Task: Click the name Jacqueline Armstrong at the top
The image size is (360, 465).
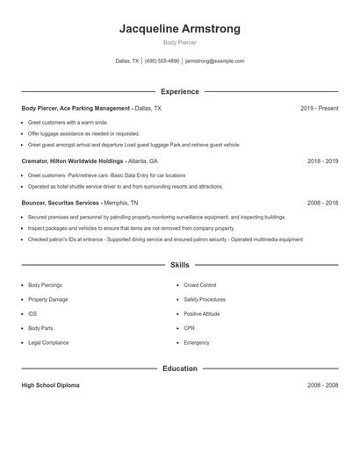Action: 180,29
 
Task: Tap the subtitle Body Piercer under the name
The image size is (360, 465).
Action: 180,42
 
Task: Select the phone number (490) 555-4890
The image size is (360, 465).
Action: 162,61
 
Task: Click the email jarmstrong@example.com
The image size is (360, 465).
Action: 215,61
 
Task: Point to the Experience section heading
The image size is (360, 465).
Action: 180,91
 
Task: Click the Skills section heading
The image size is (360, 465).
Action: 180,264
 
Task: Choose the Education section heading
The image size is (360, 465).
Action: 180,368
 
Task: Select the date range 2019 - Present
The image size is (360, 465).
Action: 319,109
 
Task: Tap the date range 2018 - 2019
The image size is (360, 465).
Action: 322,161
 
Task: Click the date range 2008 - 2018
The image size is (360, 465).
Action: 322,203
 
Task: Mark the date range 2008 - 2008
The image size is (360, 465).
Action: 322,385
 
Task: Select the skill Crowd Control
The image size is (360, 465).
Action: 200,285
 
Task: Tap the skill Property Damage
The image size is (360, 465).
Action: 47,299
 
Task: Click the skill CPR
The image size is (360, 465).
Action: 189,328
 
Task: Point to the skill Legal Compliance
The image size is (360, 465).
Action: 47,342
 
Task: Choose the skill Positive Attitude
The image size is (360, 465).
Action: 202,313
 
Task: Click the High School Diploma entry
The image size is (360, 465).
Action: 51,385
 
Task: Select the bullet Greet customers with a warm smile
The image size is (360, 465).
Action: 68,123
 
